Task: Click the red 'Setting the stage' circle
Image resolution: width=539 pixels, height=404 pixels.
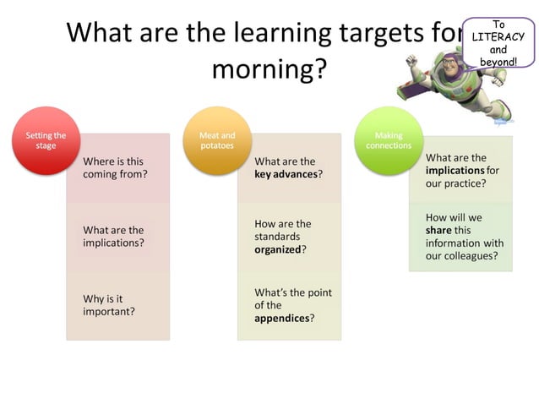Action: click(x=46, y=140)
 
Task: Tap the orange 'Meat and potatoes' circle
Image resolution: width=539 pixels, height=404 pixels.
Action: click(x=216, y=140)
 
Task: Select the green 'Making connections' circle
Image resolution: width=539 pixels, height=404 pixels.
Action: click(x=389, y=140)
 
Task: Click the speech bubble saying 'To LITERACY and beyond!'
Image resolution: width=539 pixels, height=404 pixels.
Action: click(x=498, y=42)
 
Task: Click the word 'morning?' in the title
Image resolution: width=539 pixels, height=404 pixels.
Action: click(x=269, y=69)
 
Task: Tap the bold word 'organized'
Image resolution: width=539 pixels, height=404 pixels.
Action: click(x=278, y=249)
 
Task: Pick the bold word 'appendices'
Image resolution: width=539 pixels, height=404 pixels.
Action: click(x=282, y=319)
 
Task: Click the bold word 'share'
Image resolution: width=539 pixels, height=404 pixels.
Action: click(x=438, y=230)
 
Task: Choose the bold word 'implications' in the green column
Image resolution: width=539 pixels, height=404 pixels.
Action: click(x=455, y=170)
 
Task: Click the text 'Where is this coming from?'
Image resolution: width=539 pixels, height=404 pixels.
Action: click(x=115, y=167)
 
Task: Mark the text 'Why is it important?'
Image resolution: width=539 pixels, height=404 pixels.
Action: click(x=109, y=305)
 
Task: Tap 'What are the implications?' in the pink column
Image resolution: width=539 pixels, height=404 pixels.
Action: click(x=113, y=236)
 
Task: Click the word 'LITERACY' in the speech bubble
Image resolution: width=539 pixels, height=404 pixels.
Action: click(x=498, y=37)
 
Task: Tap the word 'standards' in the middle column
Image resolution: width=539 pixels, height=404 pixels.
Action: click(x=277, y=237)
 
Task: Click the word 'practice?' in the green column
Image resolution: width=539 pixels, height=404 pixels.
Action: click(x=467, y=183)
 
